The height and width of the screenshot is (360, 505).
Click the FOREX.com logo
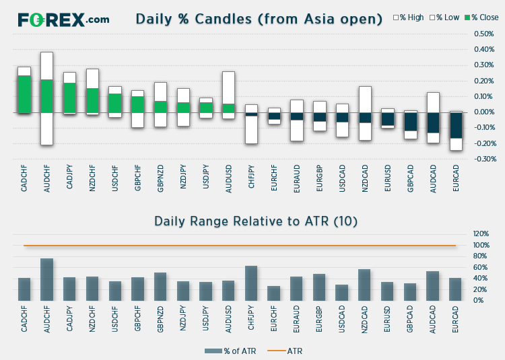point(63,20)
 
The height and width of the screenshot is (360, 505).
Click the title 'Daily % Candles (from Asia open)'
point(259,19)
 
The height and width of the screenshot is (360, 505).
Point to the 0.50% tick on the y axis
point(484,34)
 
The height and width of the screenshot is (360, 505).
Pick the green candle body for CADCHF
point(24,94)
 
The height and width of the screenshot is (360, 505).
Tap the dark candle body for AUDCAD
point(433,122)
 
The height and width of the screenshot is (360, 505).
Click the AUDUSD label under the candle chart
point(228,178)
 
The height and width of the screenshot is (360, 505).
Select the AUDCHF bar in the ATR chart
point(47,279)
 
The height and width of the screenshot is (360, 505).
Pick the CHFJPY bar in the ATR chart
point(251,283)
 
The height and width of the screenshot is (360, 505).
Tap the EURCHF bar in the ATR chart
point(274,293)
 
